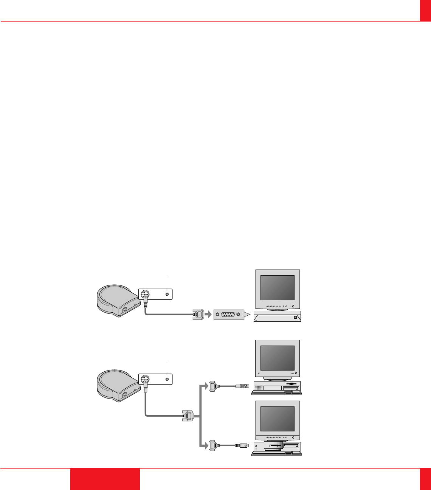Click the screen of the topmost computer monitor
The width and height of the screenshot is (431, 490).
point(278,288)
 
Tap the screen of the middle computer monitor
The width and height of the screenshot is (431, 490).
point(278,358)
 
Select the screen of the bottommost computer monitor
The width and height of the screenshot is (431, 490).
point(278,419)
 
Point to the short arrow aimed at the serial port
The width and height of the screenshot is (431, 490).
point(208,314)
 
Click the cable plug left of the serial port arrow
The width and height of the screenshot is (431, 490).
point(198,314)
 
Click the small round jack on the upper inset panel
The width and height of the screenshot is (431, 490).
point(167,294)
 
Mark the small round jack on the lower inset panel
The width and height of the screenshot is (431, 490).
point(167,379)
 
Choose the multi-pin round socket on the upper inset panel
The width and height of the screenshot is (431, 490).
point(145,294)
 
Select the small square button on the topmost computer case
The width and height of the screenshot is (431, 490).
point(295,318)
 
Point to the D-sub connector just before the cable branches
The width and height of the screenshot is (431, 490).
point(188,416)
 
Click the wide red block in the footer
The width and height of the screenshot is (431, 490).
point(105,479)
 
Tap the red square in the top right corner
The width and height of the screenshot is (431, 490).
point(425,10)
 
